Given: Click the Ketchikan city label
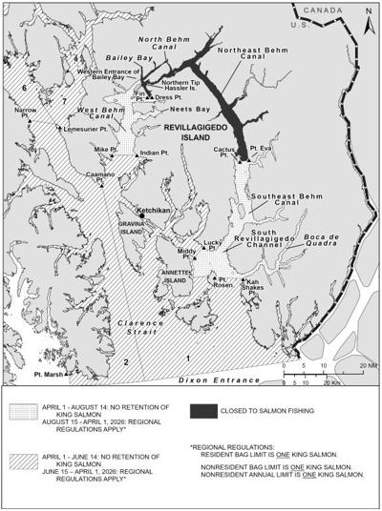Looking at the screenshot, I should click(x=152, y=210).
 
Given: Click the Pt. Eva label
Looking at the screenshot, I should click(x=260, y=150).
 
